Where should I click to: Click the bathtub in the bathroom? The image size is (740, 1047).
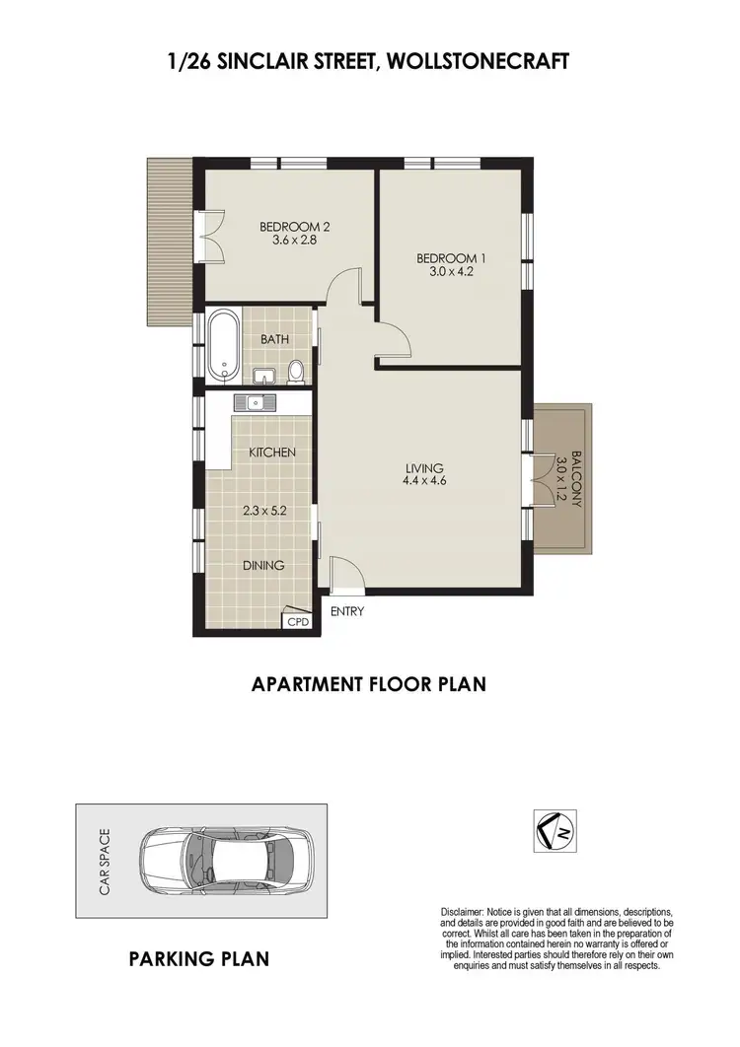point(222,346)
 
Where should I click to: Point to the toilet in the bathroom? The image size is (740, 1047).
point(295,371)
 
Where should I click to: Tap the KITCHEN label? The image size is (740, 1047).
point(272,453)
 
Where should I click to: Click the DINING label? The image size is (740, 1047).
point(263,566)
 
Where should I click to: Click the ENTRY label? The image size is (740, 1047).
point(348,611)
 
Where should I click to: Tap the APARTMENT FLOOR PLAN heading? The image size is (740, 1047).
point(369,682)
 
